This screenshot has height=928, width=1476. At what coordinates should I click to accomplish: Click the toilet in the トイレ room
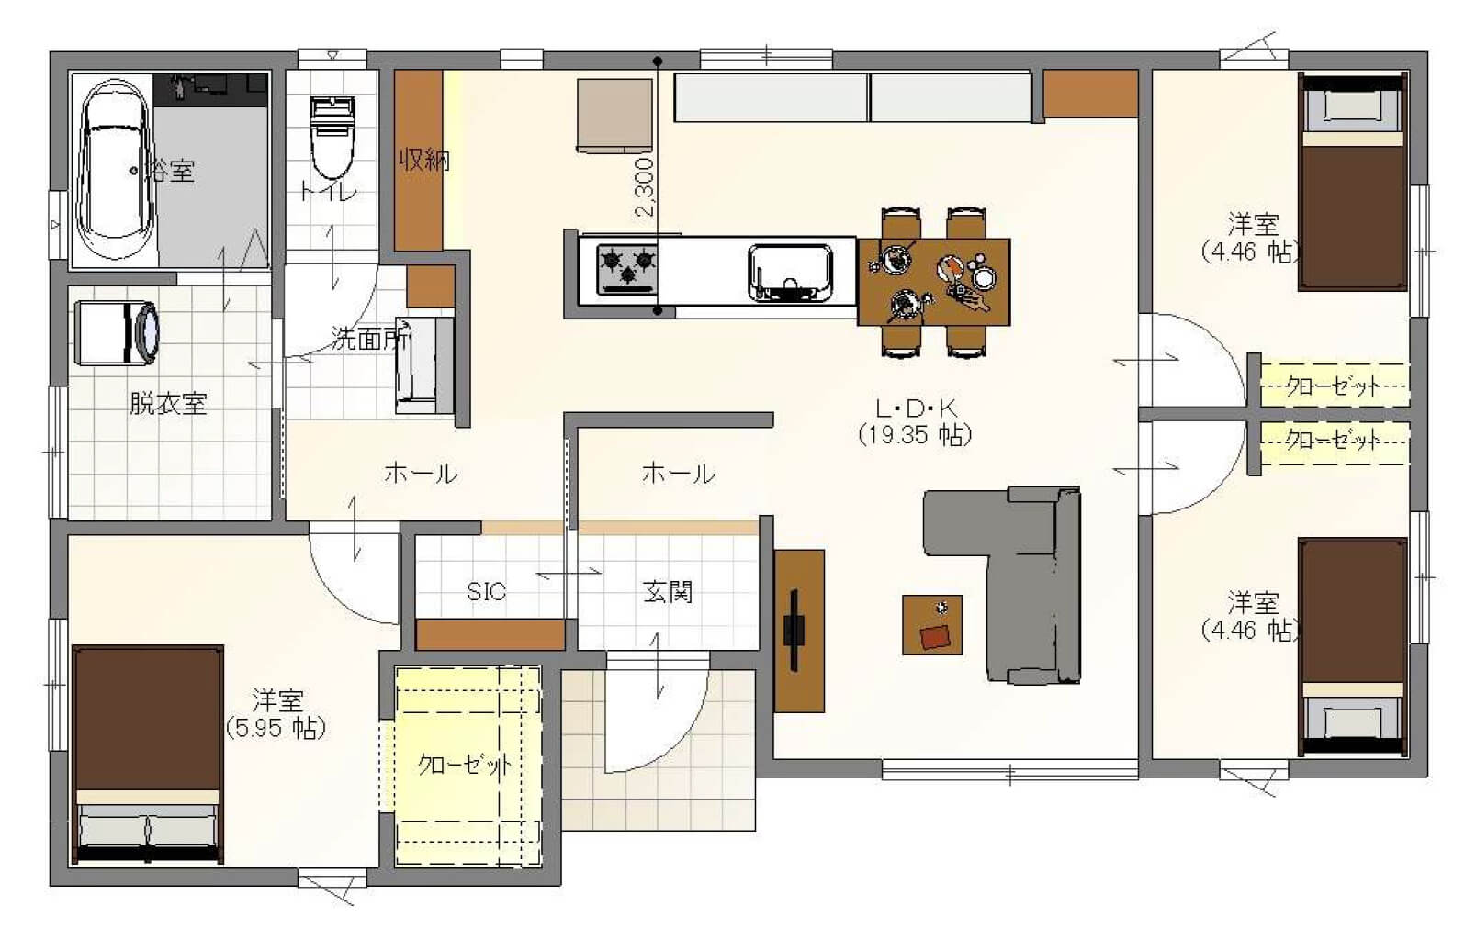pyautogui.click(x=332, y=137)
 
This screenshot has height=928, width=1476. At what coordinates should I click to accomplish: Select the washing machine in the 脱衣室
pyautogui.click(x=118, y=332)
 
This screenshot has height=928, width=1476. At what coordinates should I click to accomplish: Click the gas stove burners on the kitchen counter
pyautogui.click(x=627, y=269)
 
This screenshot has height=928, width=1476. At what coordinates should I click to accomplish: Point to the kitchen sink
pyautogui.click(x=791, y=273)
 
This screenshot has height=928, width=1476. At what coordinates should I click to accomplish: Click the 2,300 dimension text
pyautogui.click(x=645, y=187)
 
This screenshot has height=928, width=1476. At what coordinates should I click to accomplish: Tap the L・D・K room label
pyautogui.click(x=917, y=408)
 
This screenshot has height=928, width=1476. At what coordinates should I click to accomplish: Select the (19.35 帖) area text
pyautogui.click(x=915, y=435)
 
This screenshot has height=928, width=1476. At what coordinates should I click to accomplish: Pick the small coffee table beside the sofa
pyautogui.click(x=932, y=624)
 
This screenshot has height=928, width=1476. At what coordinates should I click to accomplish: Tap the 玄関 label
pyautogui.click(x=668, y=592)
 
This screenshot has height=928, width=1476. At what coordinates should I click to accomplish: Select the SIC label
pyautogui.click(x=487, y=591)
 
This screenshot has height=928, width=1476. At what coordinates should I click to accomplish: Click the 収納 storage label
pyautogui.click(x=424, y=160)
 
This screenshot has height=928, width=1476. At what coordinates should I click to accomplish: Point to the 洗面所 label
pyautogui.click(x=369, y=339)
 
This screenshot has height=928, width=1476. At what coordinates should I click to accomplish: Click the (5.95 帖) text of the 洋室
pyautogui.click(x=276, y=729)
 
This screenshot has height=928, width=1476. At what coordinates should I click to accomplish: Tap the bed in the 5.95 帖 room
pyautogui.click(x=148, y=755)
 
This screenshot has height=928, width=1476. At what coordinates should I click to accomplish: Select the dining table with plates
pyautogui.click(x=934, y=282)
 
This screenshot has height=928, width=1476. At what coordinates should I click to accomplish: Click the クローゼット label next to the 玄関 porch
pyautogui.click(x=465, y=765)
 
